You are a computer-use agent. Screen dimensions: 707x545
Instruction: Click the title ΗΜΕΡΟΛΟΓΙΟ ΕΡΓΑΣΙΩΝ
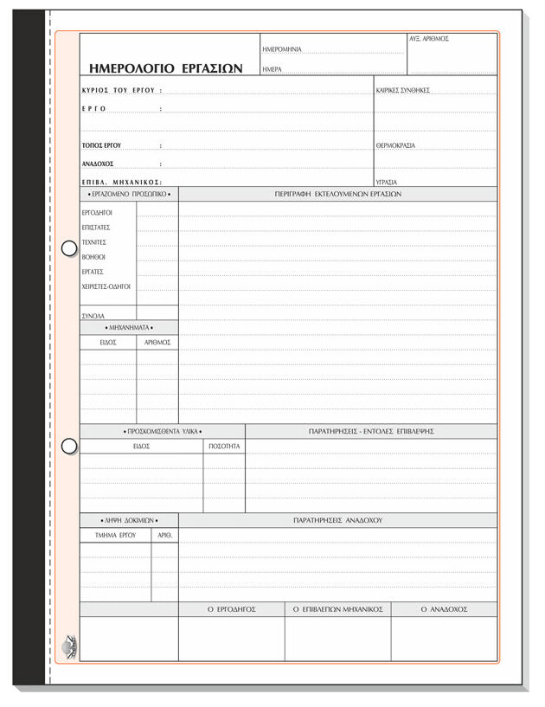pos(166,67)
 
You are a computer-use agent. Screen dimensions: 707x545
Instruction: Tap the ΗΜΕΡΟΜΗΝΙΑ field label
pos(282,50)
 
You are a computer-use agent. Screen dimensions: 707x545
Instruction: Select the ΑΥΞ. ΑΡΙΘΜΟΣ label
pos(429,39)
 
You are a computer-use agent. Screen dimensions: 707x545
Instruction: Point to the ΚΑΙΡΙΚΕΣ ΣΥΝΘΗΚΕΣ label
pos(403,90)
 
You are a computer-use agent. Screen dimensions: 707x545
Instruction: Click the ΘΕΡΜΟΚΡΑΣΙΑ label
pos(395,145)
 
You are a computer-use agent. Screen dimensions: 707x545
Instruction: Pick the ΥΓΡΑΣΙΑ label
pos(387,183)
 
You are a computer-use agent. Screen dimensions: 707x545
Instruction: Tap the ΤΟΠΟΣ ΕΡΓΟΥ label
pos(101,145)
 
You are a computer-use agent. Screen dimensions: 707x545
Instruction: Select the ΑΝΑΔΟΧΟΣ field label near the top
pos(98,164)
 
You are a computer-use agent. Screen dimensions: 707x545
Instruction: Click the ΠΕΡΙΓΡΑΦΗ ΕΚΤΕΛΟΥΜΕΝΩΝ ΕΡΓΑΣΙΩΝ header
pos(338,194)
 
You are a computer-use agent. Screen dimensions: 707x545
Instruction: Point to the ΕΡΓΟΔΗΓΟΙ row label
pos(98,212)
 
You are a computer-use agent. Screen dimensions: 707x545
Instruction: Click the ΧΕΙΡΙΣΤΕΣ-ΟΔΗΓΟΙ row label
pos(106,286)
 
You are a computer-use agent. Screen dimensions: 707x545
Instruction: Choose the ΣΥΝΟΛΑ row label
pos(93,316)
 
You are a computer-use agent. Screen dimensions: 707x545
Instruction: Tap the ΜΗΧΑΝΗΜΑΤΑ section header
pos(129,329)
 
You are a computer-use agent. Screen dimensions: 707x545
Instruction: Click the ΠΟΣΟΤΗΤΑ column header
pos(225,447)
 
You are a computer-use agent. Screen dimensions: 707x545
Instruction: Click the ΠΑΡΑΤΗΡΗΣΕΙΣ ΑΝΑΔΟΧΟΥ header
pos(338,521)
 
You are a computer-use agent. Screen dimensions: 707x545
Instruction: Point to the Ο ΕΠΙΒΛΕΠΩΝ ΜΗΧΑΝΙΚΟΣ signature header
pos(337,609)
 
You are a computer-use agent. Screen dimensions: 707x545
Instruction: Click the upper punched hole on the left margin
pos(69,249)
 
